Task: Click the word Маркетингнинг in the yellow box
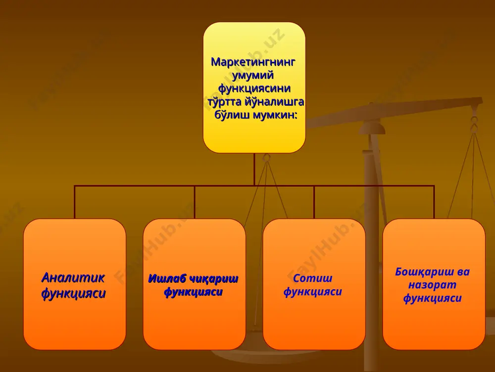pos(253,62)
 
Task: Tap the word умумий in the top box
pos(253,75)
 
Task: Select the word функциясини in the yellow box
pos(254,89)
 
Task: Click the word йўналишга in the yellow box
pos(274,102)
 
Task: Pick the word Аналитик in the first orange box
pos(73,278)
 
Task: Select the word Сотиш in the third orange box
pos(312,278)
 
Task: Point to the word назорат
pos(432,285)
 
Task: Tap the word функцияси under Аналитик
pos(73,294)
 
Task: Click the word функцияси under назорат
pos(432,298)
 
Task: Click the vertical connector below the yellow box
pos(254,169)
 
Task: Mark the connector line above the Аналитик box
pos(75,202)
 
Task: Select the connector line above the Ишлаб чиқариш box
pos(195,202)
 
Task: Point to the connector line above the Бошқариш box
pos(434,202)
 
